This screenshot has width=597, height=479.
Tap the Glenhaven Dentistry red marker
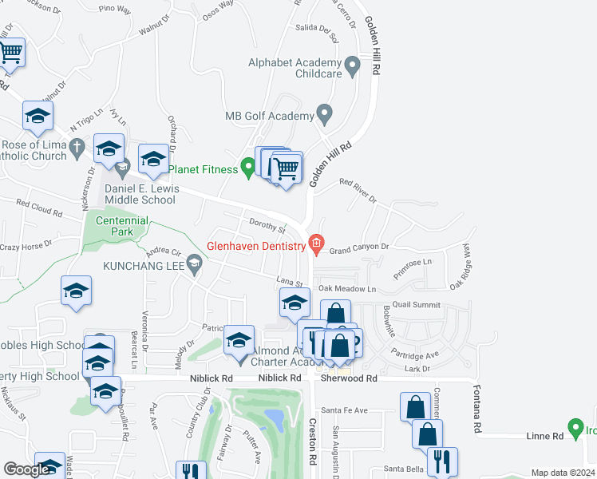[x=316, y=244]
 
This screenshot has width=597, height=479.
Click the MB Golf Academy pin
[x=323, y=115]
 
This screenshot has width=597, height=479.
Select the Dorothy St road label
[x=267, y=228]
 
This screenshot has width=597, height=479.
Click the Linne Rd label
[x=545, y=436]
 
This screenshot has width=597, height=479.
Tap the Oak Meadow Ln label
[x=347, y=288]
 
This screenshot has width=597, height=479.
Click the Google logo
[x=26, y=469]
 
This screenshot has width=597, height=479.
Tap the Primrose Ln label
[x=416, y=262]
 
